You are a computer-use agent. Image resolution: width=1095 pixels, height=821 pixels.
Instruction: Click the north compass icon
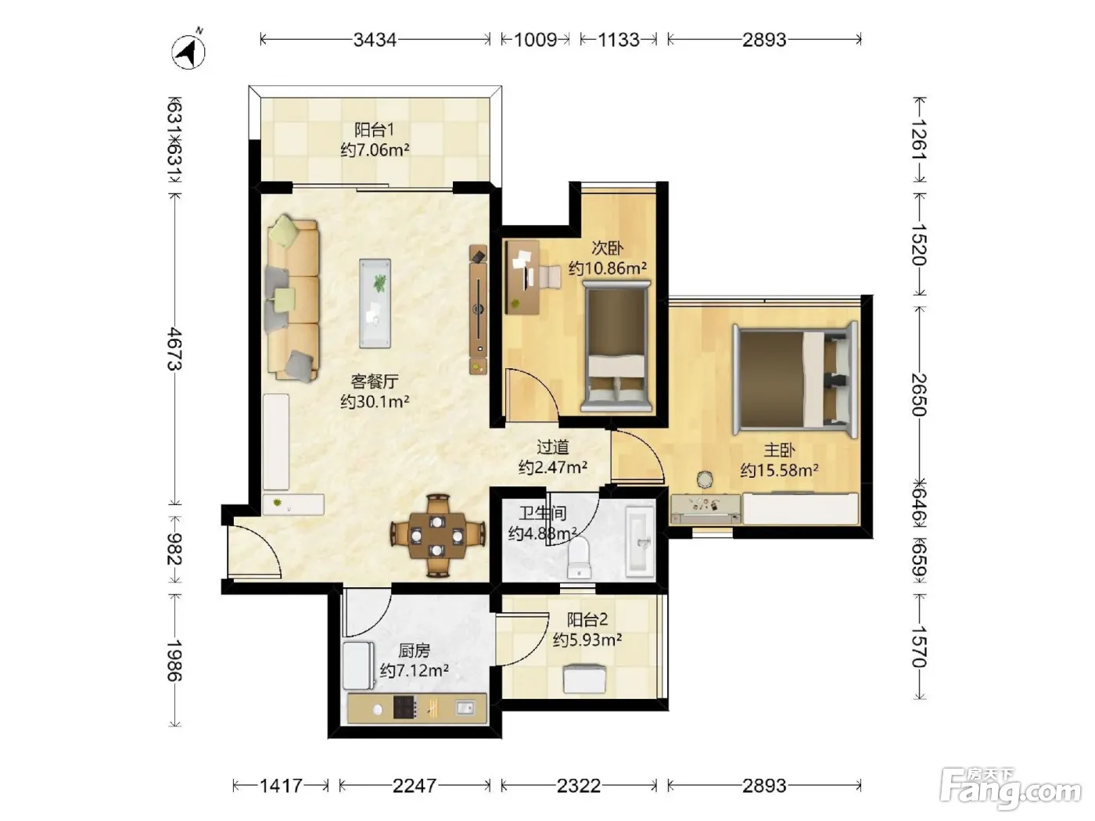188,50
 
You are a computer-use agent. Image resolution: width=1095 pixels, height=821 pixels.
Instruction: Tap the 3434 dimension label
375,39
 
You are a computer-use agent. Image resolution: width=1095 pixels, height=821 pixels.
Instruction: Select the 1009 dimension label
535,39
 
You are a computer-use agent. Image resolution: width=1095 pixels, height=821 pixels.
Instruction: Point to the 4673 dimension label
174,349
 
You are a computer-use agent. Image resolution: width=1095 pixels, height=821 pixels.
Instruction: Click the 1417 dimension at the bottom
281,786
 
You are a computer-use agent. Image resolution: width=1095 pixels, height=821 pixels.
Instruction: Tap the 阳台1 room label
374,130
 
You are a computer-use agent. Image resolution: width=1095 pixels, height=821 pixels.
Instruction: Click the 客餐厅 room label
375,382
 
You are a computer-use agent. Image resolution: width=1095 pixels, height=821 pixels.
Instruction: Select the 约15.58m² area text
779,470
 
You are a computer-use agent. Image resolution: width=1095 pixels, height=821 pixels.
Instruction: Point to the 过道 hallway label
553,446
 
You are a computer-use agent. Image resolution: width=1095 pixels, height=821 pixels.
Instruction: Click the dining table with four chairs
437,536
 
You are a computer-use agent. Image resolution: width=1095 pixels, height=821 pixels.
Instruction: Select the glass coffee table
375,303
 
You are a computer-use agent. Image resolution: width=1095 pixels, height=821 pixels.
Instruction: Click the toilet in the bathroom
579,557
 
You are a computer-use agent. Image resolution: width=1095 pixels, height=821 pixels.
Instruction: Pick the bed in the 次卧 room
616,346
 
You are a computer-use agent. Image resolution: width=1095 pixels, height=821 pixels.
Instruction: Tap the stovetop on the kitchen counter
404,707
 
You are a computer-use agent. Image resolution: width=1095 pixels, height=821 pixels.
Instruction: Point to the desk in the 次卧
522,277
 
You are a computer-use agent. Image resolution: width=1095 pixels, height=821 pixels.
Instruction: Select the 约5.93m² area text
587,640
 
